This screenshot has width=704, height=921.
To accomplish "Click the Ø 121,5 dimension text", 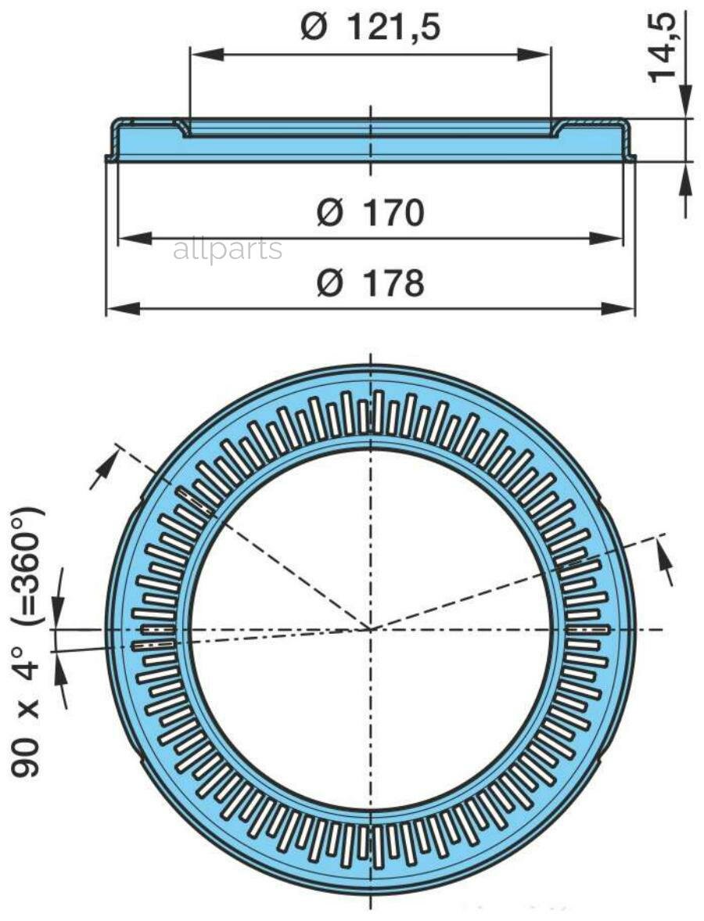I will click(370, 27).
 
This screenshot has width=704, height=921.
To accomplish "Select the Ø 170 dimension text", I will click(370, 213).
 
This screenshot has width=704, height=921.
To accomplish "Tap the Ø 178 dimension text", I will click(370, 283).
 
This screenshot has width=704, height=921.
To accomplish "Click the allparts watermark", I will click(227, 250).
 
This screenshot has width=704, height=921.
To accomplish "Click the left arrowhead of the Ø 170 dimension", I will click(131, 239).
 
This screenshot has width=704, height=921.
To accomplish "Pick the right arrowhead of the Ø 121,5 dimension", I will click(539, 53).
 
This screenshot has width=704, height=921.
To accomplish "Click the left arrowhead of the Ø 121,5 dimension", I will click(203, 53).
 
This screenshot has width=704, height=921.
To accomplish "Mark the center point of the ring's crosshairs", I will click(370, 628).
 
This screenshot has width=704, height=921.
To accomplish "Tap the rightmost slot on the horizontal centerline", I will click(587, 628).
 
